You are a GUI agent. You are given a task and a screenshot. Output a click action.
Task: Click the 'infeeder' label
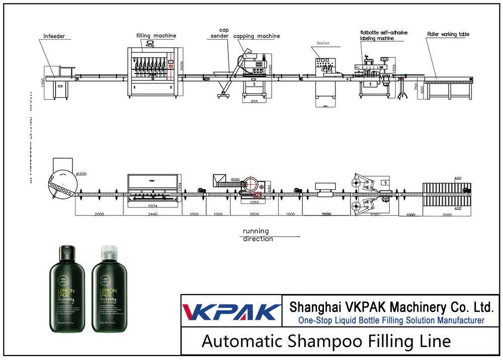[54, 36]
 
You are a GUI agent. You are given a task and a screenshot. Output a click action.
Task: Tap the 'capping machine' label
[257, 36]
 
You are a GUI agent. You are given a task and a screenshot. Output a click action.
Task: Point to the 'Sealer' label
[323, 43]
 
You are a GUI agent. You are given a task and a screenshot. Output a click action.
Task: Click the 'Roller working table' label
[448, 34]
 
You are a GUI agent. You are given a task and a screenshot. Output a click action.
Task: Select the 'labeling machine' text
[376, 38]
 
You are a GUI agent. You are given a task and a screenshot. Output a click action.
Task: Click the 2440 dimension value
[153, 214]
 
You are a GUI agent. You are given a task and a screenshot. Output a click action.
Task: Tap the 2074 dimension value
[152, 206]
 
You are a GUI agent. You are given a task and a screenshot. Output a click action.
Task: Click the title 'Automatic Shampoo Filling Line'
[326, 341]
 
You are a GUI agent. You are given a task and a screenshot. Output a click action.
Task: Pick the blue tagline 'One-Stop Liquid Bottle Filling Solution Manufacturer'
[391, 320]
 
